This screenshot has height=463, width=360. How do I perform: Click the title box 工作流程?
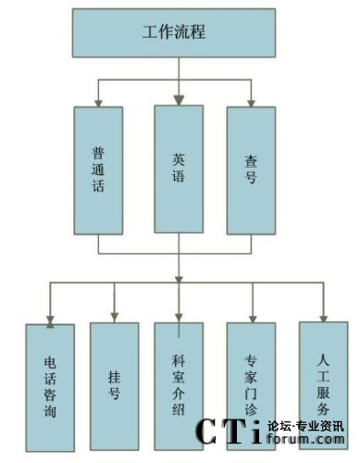point(174,32)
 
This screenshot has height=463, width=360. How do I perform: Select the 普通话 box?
point(98,170)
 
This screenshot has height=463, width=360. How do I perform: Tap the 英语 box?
point(179,169)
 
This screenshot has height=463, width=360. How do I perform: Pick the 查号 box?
point(251,170)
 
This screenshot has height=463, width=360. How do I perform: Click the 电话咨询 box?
point(50,388)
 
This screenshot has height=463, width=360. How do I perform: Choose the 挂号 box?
point(115,386)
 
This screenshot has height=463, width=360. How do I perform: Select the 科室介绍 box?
point(179,386)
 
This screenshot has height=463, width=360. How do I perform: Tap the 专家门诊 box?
point(251,386)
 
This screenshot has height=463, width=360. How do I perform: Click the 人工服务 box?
point(324,385)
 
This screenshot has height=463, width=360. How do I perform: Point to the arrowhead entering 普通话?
point(98,104)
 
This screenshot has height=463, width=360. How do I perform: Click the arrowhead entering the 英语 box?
point(179,101)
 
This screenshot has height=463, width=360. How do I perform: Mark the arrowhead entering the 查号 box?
point(251,104)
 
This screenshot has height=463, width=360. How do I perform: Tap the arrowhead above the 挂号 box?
point(115,318)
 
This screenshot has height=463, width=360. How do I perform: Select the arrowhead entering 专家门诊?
point(253,319)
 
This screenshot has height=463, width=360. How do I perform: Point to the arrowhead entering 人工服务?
point(323,319)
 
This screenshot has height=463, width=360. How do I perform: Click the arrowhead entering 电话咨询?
point(50,321)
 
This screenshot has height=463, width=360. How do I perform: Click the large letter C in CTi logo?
point(208,432)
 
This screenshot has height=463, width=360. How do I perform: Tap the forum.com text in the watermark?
point(306,439)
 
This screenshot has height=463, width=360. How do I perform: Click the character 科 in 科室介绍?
point(179,360)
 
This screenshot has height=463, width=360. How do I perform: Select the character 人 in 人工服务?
point(323,360)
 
